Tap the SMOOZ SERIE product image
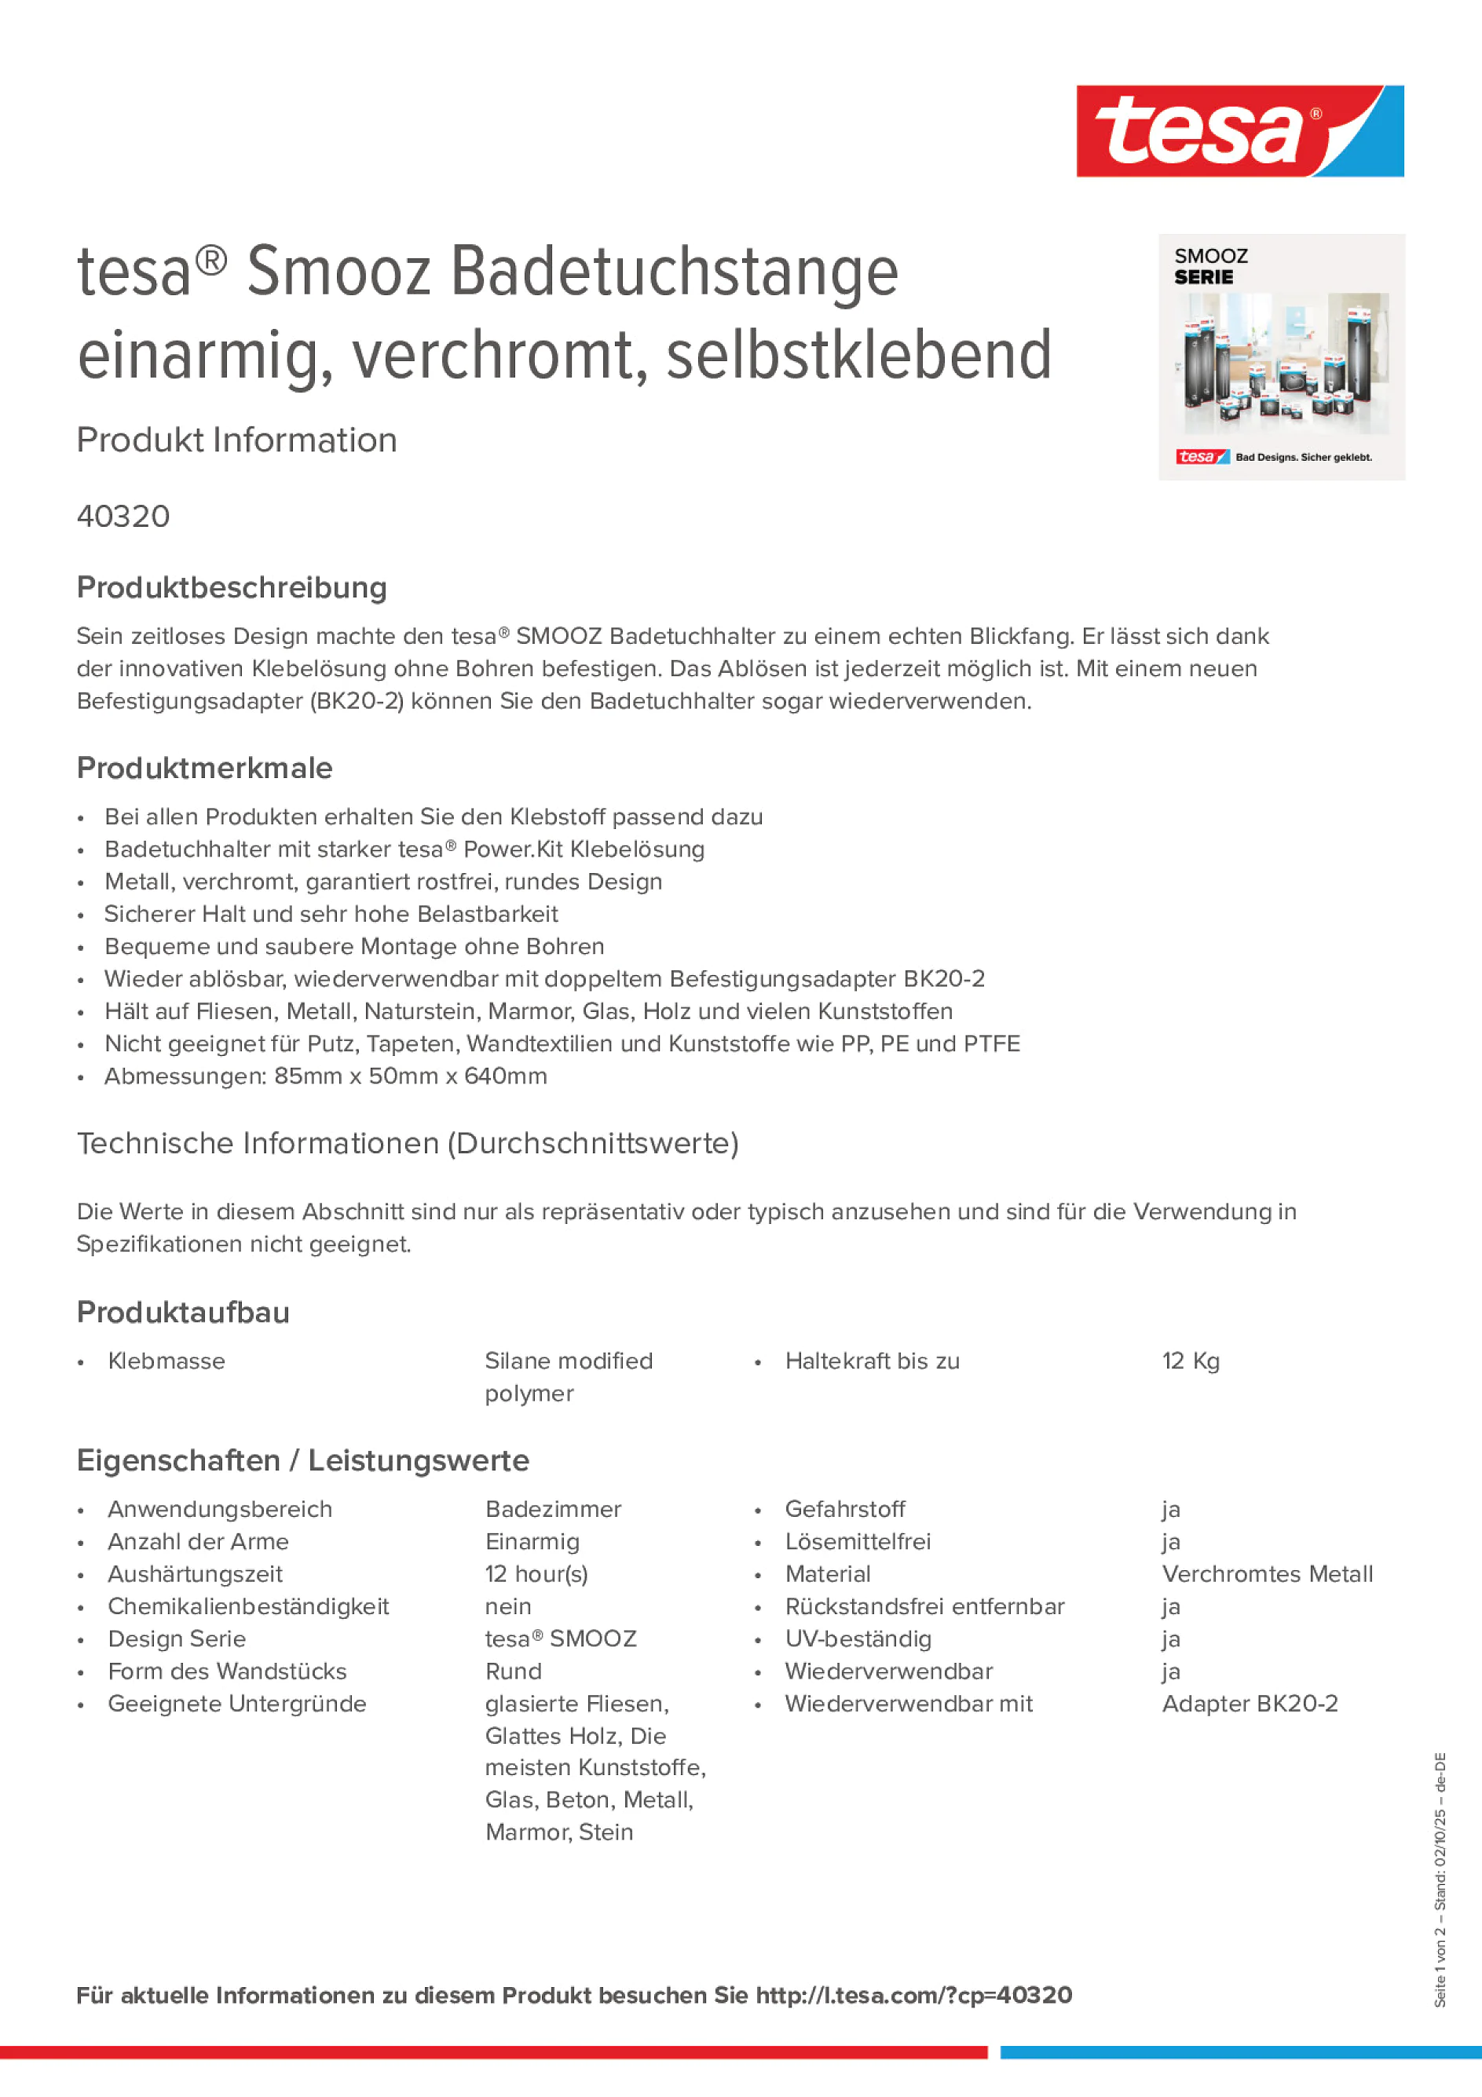click(x=1281, y=357)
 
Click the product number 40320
click(x=123, y=517)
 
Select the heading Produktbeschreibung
click(x=232, y=587)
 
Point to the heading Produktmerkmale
click(x=205, y=768)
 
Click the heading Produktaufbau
click(x=183, y=1313)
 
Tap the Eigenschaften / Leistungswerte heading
click(x=302, y=1460)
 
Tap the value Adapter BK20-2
click(x=1249, y=1704)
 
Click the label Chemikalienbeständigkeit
click(x=248, y=1606)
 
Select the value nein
click(x=508, y=1606)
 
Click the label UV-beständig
click(x=858, y=1639)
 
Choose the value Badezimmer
click(x=553, y=1509)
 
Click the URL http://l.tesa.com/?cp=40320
click(x=913, y=1995)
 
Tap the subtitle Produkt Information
click(x=236, y=440)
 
